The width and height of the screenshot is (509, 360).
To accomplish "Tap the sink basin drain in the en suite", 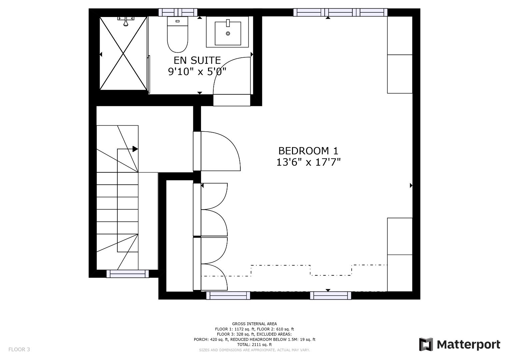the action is pyautogui.click(x=228, y=34).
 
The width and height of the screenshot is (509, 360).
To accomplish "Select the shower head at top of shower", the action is pyautogui.click(x=126, y=21).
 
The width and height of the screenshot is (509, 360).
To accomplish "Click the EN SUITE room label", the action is pyautogui.click(x=197, y=60).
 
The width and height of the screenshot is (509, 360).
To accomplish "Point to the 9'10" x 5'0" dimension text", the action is pyautogui.click(x=197, y=72).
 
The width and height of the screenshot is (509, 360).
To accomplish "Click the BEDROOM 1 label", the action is pyautogui.click(x=308, y=151).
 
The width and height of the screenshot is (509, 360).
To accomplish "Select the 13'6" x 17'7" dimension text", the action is pyautogui.click(x=308, y=162).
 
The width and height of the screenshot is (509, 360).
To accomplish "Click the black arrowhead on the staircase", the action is pyautogui.click(x=135, y=149).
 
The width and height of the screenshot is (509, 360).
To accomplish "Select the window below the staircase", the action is pyautogui.click(x=128, y=274).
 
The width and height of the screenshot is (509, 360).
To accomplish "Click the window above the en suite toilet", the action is pyautogui.click(x=178, y=12).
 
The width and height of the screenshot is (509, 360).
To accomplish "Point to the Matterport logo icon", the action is pyautogui.click(x=426, y=344).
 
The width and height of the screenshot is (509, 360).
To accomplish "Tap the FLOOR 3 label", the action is pyautogui.click(x=19, y=349).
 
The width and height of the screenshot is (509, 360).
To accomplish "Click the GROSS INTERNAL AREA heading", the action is pyautogui.click(x=254, y=324).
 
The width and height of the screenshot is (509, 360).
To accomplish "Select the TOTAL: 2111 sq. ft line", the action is pyautogui.click(x=254, y=345).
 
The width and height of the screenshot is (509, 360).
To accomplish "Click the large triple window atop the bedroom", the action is pyautogui.click(x=340, y=12).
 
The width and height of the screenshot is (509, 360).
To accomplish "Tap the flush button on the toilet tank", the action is pyautogui.click(x=177, y=21).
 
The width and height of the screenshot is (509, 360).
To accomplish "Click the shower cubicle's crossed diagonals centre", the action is pyautogui.click(x=123, y=54).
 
